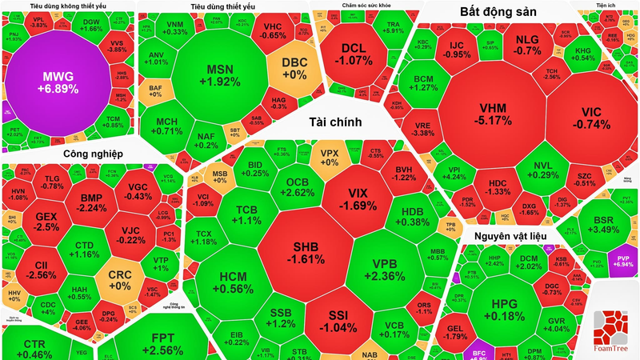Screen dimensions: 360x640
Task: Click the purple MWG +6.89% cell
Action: click(57, 82)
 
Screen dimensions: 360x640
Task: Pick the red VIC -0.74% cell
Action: click(590, 117)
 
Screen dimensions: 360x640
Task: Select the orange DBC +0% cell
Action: click(294, 68)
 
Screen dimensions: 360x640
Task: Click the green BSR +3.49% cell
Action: click(603, 223)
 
